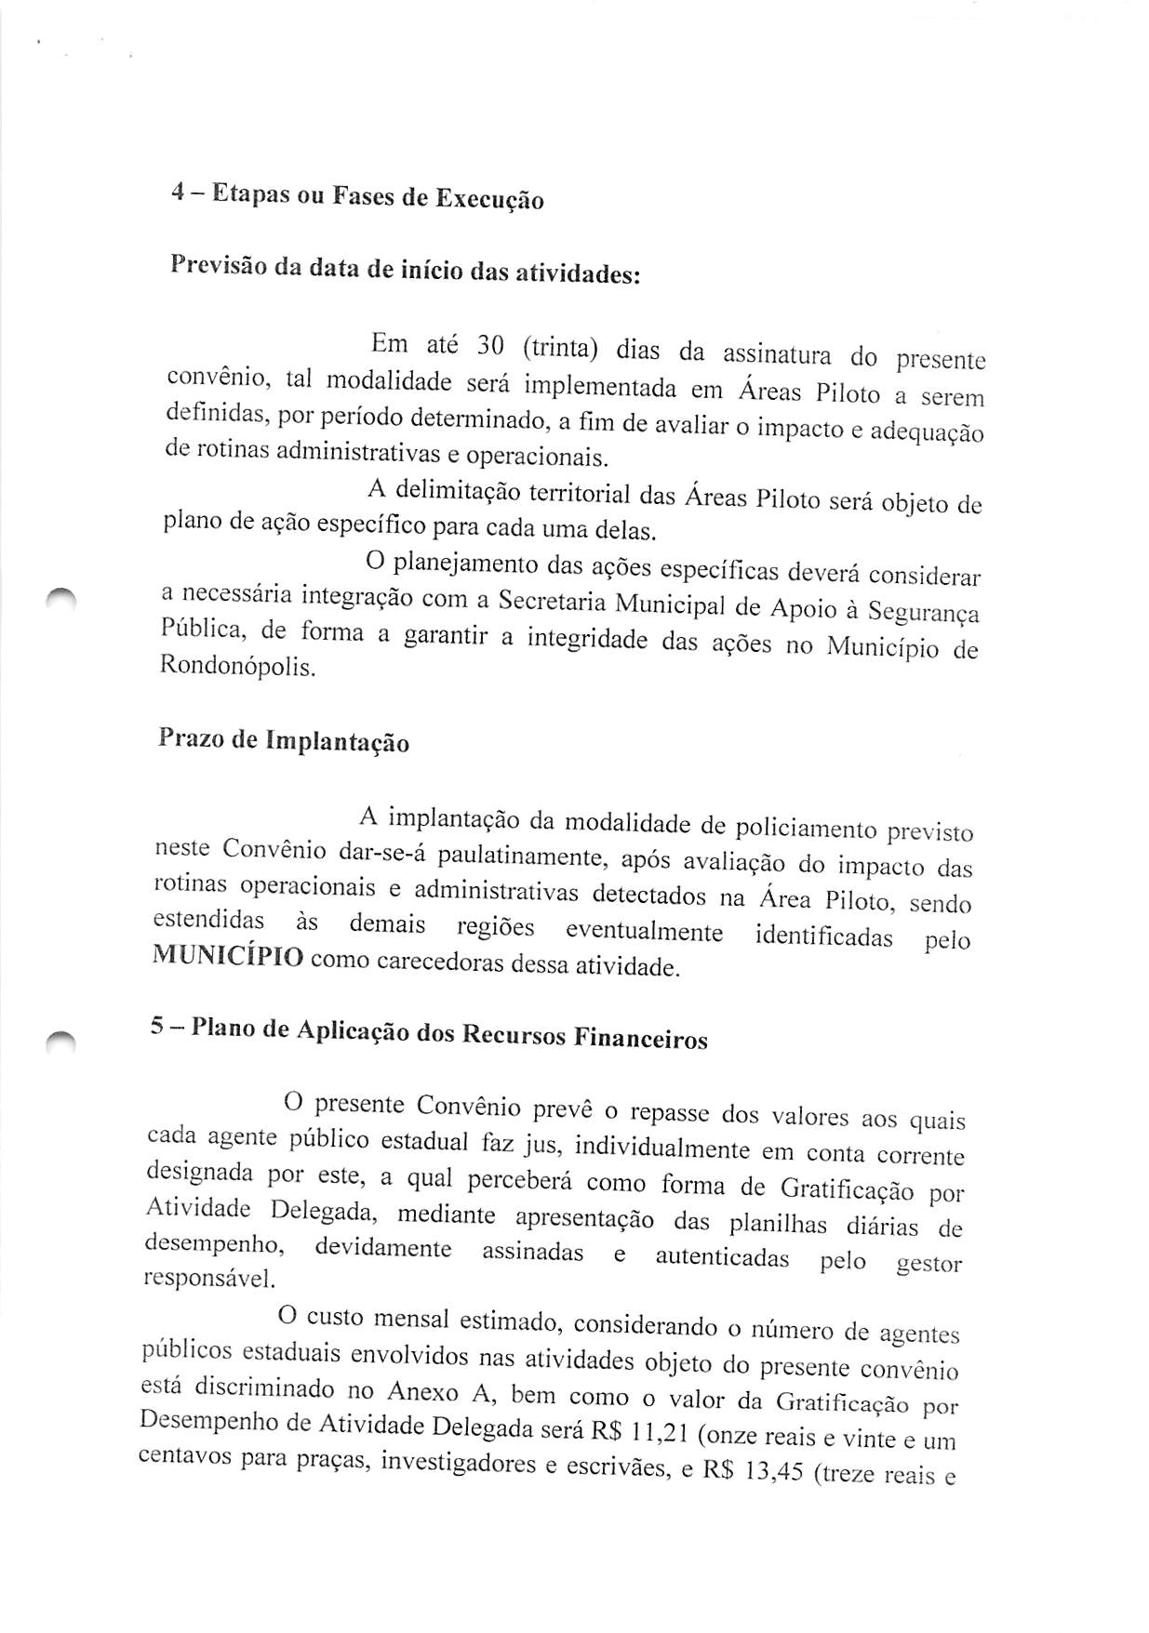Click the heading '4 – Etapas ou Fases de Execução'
point(357,197)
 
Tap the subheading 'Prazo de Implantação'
point(284,740)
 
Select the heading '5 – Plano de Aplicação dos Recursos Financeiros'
point(429,1033)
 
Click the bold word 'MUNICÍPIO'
point(228,956)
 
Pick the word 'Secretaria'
point(553,602)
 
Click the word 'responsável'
point(208,1278)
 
